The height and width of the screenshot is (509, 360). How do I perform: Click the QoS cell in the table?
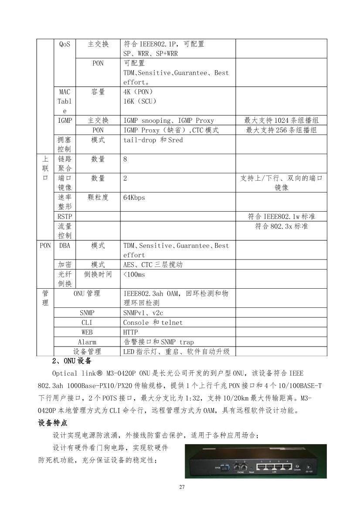[x=65, y=44]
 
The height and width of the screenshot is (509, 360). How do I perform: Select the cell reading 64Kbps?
[x=134, y=197]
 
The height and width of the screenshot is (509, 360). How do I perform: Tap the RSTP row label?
[x=65, y=216]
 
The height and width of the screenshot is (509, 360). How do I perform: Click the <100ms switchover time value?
[x=135, y=274]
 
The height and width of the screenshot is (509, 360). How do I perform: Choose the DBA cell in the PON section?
[x=65, y=246]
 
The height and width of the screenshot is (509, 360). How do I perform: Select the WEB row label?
[x=87, y=332]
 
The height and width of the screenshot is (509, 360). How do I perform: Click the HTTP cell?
[x=131, y=332]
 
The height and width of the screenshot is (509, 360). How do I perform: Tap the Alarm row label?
[x=87, y=342]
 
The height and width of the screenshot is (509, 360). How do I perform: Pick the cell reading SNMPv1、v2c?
[x=143, y=313]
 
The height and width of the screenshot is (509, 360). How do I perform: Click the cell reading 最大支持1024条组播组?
[x=281, y=121]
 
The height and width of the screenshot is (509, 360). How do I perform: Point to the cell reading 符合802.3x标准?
[x=281, y=226]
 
